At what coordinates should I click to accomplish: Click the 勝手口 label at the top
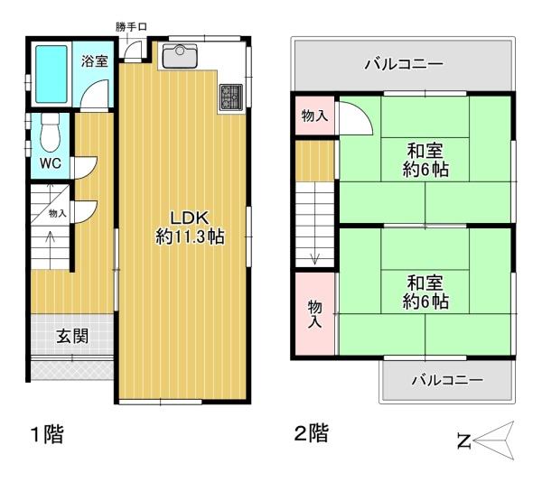point(131,28)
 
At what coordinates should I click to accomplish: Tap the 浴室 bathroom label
point(95,61)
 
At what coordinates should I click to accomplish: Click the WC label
point(50,163)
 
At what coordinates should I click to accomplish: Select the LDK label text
point(190,218)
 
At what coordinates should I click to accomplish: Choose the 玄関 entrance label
point(72,337)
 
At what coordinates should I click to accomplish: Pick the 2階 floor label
point(311,434)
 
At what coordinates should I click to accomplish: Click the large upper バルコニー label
point(403,65)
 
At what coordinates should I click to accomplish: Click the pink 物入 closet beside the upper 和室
point(313,116)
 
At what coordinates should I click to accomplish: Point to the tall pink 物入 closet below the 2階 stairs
point(314,312)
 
